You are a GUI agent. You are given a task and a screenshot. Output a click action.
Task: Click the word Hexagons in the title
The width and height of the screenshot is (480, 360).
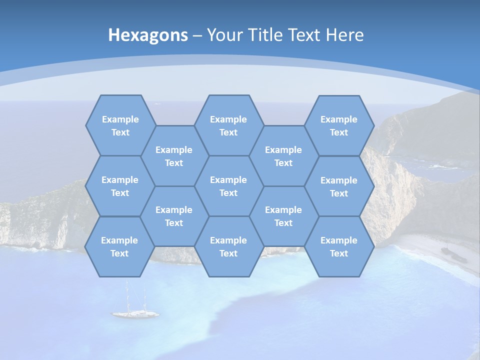point(148,35)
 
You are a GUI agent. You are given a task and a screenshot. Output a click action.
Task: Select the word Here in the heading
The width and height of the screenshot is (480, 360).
point(344,35)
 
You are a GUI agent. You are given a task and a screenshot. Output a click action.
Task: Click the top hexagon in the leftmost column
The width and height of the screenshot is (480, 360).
point(120,125)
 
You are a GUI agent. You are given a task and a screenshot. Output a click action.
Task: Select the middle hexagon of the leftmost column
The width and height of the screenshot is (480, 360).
point(120,186)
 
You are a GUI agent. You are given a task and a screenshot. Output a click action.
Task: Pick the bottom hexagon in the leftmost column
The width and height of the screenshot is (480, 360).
point(119,246)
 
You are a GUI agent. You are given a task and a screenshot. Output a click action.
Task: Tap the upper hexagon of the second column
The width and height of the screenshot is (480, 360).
point(174,156)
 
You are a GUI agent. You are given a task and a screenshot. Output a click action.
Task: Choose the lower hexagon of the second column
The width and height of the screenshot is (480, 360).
point(174,216)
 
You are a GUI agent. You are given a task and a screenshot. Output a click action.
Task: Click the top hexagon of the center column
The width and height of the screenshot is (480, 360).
point(228,125)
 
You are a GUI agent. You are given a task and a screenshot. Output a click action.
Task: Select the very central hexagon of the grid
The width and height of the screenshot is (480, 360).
point(228,186)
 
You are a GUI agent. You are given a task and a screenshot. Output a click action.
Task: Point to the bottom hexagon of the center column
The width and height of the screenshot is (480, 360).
point(228,246)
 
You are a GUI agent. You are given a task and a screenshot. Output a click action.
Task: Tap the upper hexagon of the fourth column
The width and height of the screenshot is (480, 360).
point(283,156)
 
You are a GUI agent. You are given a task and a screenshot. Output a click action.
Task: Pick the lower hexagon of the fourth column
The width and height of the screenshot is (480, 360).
point(283,216)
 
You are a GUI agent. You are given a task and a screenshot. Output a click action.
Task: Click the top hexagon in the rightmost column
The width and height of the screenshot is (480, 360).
point(339,125)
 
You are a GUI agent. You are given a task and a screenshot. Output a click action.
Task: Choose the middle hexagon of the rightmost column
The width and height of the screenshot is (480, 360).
point(339,186)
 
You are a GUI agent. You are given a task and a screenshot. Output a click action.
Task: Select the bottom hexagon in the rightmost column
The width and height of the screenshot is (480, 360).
point(339,246)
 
